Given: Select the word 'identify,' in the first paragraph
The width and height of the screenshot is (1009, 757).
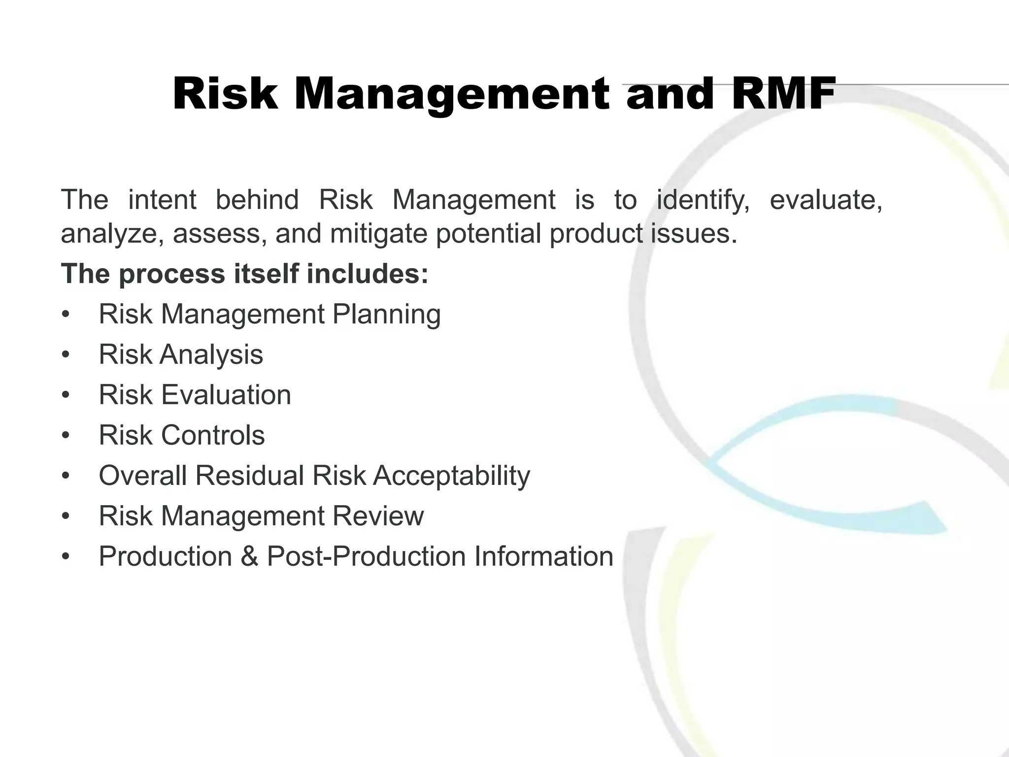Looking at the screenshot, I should point(703,201).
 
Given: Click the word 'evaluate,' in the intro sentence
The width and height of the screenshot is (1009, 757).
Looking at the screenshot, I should point(826,201).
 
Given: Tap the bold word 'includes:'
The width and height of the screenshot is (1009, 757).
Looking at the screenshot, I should point(368,274).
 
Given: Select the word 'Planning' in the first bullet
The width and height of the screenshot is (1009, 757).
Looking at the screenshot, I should point(387,314).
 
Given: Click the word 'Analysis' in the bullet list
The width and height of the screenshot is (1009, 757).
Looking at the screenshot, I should point(211,355).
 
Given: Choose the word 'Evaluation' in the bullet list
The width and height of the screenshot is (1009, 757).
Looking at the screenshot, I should point(226,395).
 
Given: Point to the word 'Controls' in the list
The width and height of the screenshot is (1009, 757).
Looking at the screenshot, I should point(213,436).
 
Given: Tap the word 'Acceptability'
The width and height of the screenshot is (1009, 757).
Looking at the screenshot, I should point(451,476).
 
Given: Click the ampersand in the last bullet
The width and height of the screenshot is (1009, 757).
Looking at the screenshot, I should point(249,557).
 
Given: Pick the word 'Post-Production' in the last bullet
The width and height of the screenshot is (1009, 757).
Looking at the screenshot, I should point(366,557).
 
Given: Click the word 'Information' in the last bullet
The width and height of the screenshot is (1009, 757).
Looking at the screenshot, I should point(544,557).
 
